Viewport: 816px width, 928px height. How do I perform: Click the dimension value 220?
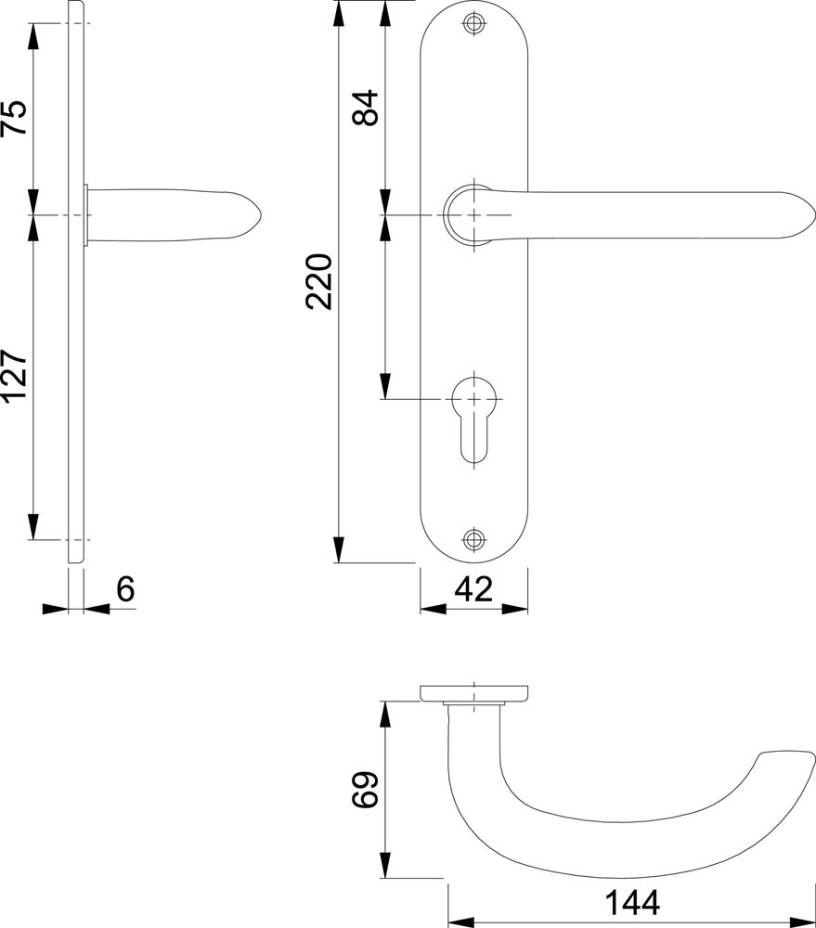click(x=319, y=281)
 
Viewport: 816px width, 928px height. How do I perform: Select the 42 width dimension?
click(x=473, y=589)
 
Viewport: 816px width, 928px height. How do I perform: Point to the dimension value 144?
click(x=632, y=903)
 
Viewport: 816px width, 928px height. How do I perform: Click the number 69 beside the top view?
click(x=365, y=790)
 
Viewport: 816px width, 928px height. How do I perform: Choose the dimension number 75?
click(x=14, y=117)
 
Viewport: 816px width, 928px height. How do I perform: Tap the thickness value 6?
click(x=125, y=589)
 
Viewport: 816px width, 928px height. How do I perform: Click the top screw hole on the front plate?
click(x=473, y=24)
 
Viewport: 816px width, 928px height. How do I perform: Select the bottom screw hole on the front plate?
click(x=473, y=538)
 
